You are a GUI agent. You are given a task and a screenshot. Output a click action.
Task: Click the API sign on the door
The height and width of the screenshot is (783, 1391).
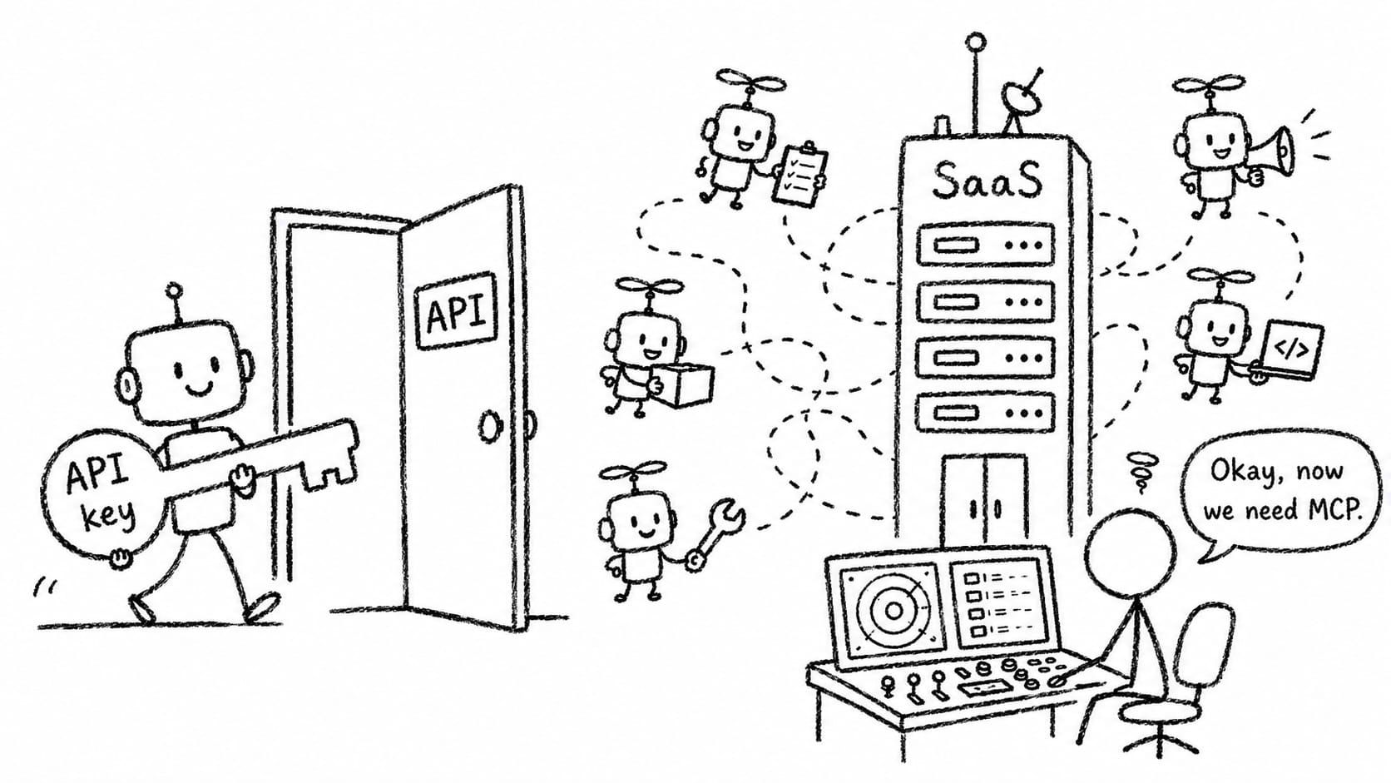pos(455,310)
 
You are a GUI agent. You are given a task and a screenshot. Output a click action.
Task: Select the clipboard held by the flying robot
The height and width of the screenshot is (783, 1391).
pos(800,175)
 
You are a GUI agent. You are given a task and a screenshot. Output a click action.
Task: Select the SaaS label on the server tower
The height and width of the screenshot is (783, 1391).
pos(986,180)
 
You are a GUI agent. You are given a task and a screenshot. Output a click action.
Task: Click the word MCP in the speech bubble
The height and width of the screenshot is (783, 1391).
pos(1334,510)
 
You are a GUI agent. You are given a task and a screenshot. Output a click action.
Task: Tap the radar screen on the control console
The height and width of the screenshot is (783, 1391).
pos(892,611)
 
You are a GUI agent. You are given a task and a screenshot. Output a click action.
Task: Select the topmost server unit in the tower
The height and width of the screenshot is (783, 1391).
pos(986,245)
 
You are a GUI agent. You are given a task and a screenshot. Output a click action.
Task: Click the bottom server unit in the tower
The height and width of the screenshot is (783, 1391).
pos(986,412)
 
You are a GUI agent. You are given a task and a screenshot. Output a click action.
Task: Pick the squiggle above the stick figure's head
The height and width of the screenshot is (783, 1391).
pos(1141,472)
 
